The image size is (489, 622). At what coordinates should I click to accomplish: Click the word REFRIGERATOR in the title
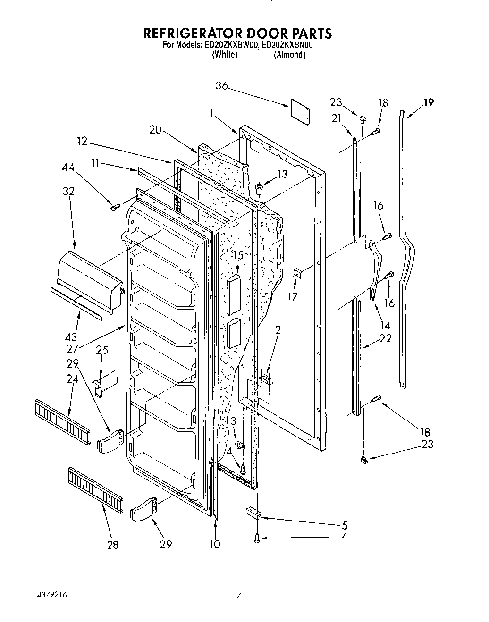pos(193,33)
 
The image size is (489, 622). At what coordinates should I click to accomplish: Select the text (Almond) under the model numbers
pos(289,55)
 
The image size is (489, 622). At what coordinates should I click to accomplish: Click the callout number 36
pos(221,86)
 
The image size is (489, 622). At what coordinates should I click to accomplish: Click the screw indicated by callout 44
pos(113,207)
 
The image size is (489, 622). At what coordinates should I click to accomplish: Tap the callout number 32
pos(68,191)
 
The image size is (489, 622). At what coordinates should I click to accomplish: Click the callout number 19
pos(428,102)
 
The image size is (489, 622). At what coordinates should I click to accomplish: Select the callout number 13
pos(282,174)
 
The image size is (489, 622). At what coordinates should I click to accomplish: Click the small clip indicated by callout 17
pos(297,272)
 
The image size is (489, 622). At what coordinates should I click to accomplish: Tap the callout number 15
pos(238,255)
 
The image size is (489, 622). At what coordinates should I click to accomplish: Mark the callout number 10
pos(215,544)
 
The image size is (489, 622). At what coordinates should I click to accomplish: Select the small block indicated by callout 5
pos(253,512)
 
